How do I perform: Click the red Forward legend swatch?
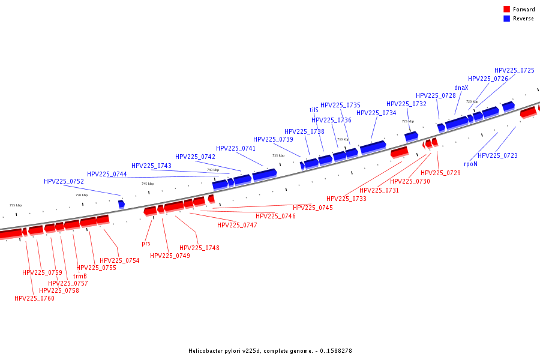click(x=506, y=10)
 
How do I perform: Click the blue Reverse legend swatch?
click(x=506, y=19)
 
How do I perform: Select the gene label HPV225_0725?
click(x=514, y=70)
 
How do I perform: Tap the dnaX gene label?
click(x=461, y=88)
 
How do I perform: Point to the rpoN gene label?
click(x=470, y=163)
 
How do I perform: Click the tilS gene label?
click(x=314, y=110)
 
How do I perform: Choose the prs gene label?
click(x=146, y=243)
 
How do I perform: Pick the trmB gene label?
click(x=71, y=276)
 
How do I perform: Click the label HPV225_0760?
click(x=34, y=298)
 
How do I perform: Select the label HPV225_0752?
click(x=64, y=181)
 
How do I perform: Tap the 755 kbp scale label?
click(x=15, y=205)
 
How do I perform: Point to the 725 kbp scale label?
click(x=407, y=121)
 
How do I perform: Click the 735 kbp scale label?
click(x=278, y=155)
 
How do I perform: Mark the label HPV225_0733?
click(x=346, y=199)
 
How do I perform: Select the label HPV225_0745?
click(x=313, y=208)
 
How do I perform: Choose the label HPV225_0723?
click(x=497, y=155)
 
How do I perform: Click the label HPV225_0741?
click(x=236, y=148)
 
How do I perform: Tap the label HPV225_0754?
click(x=119, y=260)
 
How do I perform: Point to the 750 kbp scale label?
click(x=81, y=195)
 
